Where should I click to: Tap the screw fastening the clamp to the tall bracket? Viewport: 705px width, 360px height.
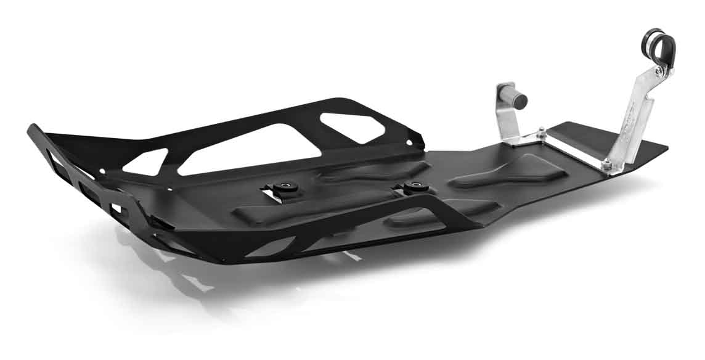(661, 72)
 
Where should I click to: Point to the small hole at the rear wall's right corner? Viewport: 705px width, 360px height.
(412, 142)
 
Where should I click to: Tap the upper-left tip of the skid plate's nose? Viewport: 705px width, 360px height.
(31, 128)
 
